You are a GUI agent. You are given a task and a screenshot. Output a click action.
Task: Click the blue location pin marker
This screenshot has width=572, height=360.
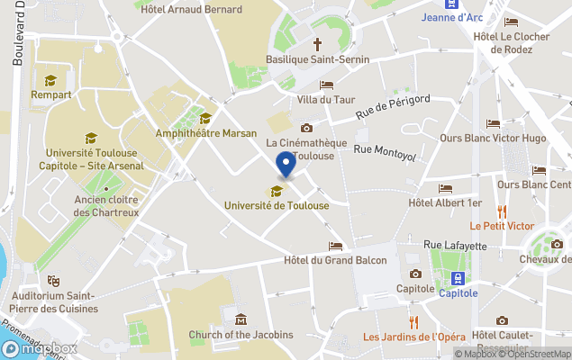286,165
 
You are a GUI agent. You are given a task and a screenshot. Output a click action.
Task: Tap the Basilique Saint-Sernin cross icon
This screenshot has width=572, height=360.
317,42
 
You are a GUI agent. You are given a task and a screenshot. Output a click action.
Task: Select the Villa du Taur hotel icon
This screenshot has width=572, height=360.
326,85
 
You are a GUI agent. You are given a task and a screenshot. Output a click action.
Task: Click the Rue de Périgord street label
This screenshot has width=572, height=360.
393,106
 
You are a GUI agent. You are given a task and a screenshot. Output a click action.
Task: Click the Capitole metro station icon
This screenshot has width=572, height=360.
458,278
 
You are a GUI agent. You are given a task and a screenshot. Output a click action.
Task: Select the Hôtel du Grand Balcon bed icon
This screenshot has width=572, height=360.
335,246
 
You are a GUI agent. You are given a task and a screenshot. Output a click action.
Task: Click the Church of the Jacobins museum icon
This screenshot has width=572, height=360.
241,319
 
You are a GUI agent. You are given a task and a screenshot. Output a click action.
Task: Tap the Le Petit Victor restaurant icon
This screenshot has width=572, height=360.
501,211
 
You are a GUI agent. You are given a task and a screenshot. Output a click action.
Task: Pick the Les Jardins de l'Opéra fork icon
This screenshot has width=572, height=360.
413,322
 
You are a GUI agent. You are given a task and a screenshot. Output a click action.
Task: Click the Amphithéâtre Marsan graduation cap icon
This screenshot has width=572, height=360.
205,118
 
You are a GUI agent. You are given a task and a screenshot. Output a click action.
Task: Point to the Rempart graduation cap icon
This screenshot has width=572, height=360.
50,80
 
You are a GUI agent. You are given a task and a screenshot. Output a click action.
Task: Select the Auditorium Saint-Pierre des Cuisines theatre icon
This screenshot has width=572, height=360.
52,281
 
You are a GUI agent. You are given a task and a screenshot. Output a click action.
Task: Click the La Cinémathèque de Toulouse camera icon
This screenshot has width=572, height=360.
306,128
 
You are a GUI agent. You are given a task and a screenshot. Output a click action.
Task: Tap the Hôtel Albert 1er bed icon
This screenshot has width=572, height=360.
445,188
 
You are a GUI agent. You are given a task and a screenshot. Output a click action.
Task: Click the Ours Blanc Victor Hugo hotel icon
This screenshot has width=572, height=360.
493,123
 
